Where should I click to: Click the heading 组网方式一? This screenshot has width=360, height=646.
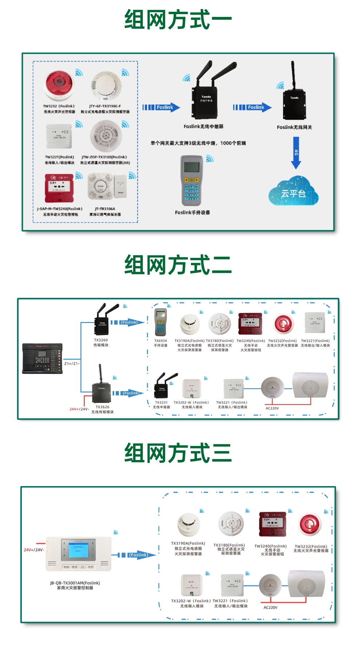178,20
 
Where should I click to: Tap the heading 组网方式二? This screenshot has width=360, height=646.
178,265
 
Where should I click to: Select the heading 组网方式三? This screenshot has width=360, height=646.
178,453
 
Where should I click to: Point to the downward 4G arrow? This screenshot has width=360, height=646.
296,153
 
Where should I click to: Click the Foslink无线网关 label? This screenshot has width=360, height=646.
294,127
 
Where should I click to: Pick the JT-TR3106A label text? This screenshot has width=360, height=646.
105,209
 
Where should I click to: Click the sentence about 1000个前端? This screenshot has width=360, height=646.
198,143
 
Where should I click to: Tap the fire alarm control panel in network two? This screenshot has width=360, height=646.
42,359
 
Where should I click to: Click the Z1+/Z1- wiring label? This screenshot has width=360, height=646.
72,363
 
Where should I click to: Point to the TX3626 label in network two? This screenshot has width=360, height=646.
102,407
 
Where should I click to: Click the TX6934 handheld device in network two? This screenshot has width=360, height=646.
160,322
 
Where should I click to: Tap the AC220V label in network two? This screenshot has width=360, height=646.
272,408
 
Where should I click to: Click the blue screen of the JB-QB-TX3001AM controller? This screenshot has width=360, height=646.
78,551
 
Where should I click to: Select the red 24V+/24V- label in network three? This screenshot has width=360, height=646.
34,550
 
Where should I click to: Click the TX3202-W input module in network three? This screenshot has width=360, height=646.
192,585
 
